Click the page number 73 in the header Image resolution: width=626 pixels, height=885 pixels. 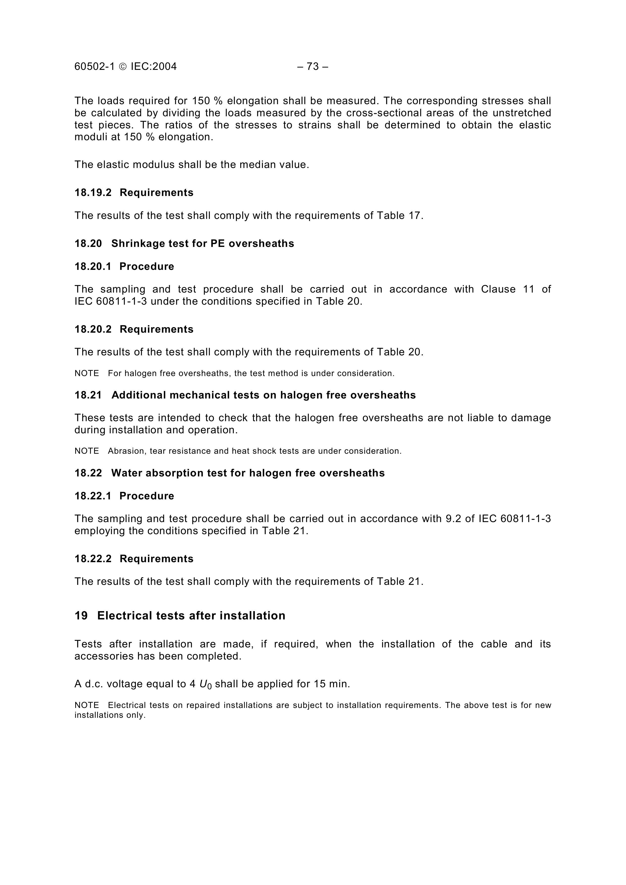312,67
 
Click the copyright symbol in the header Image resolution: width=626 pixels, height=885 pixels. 123,67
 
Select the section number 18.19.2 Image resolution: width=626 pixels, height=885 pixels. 93,192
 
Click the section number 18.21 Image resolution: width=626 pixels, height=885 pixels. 88,395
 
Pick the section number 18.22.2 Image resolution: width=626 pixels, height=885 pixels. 93,559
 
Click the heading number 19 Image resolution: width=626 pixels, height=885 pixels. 81,616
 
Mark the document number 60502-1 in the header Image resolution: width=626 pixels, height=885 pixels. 94,67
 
